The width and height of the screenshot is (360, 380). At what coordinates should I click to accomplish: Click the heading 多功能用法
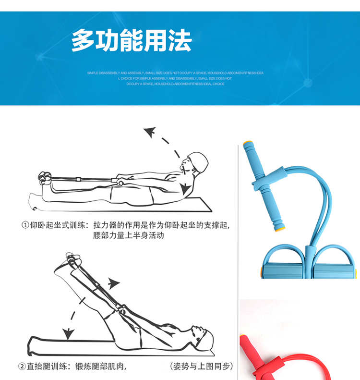132,41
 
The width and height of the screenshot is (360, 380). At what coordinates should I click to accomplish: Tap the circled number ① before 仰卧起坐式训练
25,225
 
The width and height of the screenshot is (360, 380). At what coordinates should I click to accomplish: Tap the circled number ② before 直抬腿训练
22,366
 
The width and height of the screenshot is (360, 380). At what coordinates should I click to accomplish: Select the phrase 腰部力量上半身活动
129,235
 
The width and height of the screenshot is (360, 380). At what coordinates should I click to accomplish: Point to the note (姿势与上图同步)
202,366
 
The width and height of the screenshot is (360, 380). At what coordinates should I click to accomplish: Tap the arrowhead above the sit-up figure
150,132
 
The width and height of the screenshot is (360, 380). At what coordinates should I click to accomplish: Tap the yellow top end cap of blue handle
248,143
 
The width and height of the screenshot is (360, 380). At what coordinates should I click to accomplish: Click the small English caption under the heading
175,78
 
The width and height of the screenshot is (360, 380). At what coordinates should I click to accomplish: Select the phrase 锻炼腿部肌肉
101,366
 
